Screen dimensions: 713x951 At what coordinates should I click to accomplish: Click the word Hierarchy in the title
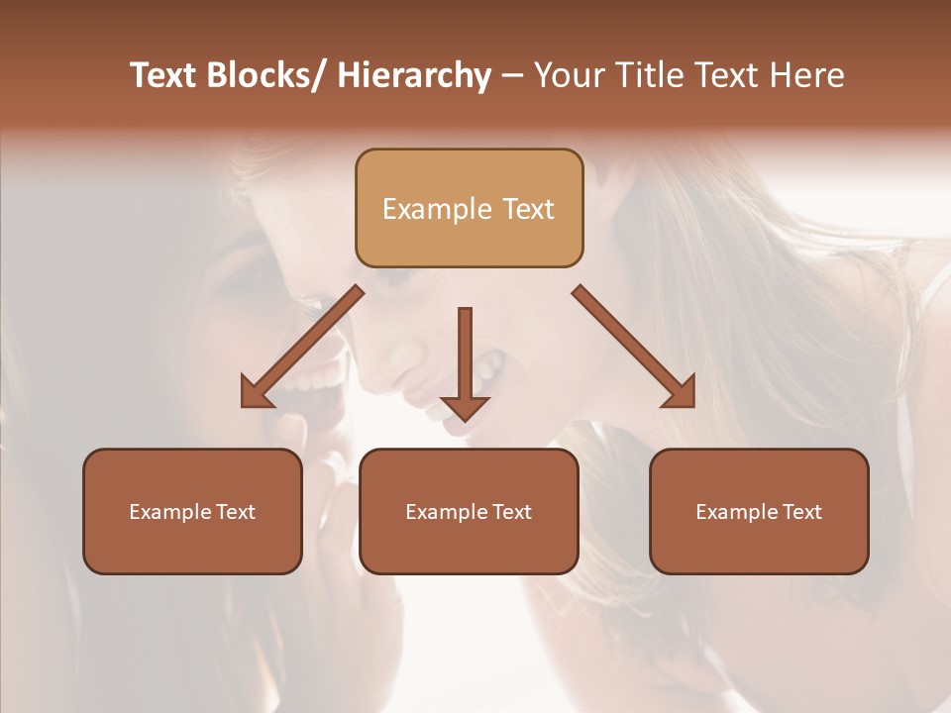pos(414,76)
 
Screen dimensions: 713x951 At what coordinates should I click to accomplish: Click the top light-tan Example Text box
pos(469,208)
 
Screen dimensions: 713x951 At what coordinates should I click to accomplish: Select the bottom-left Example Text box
pos(192,511)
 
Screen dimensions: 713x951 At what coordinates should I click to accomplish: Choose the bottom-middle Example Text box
pos(469,511)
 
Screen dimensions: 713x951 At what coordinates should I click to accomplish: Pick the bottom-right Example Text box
pos(759,511)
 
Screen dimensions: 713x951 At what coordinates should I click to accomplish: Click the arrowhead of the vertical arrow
pos(465,406)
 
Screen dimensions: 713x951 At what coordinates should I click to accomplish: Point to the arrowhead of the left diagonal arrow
pos(256,393)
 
